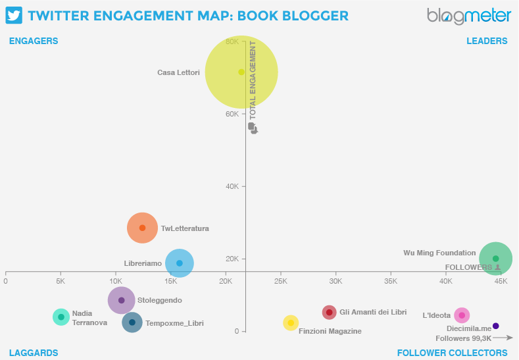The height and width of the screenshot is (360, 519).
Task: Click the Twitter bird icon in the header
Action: point(14,15)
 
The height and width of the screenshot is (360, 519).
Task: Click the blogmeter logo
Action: point(468,16)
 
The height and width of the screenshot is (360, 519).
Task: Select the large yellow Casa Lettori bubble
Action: point(241,72)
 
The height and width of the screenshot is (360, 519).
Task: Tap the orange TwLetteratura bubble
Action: point(142,228)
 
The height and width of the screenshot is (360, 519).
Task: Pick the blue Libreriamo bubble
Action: point(180,263)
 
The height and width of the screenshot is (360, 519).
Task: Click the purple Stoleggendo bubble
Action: point(121,300)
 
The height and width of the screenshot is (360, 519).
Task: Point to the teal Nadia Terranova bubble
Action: point(61,317)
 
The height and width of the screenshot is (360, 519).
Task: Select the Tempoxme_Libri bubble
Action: point(132,322)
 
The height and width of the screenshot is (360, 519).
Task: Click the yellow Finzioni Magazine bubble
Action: point(291,322)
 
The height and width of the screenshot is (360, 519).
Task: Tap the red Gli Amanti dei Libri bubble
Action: point(330,312)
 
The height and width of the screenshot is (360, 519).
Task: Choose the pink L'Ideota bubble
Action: point(462,315)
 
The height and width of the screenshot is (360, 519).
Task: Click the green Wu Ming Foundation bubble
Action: point(495,259)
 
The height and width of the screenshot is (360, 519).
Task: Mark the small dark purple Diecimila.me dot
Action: point(496,326)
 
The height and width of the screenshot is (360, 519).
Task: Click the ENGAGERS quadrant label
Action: point(34,41)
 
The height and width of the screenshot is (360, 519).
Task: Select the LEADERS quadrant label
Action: point(487,41)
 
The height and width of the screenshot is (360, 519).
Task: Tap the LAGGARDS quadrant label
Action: point(34,353)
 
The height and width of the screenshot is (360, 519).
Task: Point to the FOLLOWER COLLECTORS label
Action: point(452,353)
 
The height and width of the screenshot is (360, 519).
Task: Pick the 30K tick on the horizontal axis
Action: point(335,281)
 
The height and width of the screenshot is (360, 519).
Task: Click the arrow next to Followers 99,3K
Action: point(503,338)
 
